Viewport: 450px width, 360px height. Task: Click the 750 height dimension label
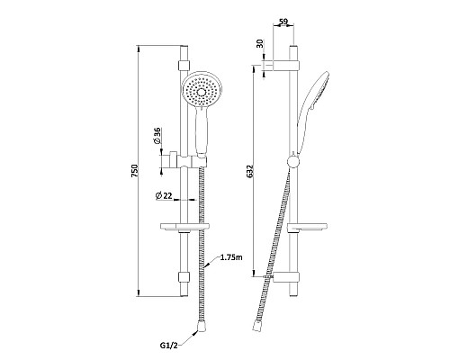[135, 170]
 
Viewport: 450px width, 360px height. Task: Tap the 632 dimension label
[251, 170]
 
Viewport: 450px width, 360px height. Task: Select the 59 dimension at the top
[283, 22]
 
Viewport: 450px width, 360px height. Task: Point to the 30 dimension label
[260, 43]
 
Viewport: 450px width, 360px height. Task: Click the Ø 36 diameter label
[157, 136]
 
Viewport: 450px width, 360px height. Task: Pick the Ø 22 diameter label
[164, 196]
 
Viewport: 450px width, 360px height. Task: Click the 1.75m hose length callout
[231, 257]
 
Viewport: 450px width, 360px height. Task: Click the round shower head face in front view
[202, 89]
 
